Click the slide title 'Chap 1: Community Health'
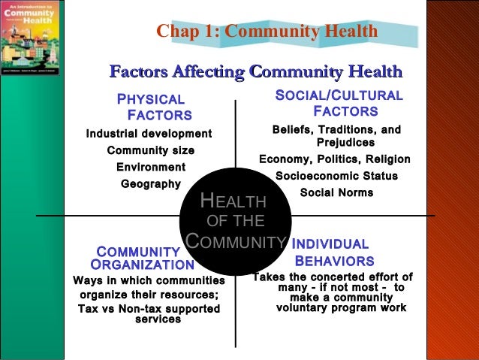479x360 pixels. coord(267,32)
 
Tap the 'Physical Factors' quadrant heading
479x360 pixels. coord(154,107)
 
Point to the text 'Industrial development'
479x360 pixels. coord(149,134)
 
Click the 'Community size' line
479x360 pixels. coord(150,150)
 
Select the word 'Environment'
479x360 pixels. coord(150,167)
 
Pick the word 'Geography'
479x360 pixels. coord(150,183)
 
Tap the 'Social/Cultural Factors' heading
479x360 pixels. coord(339,104)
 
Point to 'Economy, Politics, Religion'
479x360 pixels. coord(334,159)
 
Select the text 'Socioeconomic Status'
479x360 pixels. coord(336,176)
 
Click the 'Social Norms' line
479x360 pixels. coord(336,192)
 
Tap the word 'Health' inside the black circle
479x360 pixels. coord(233,201)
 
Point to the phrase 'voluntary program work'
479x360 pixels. coord(341,307)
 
